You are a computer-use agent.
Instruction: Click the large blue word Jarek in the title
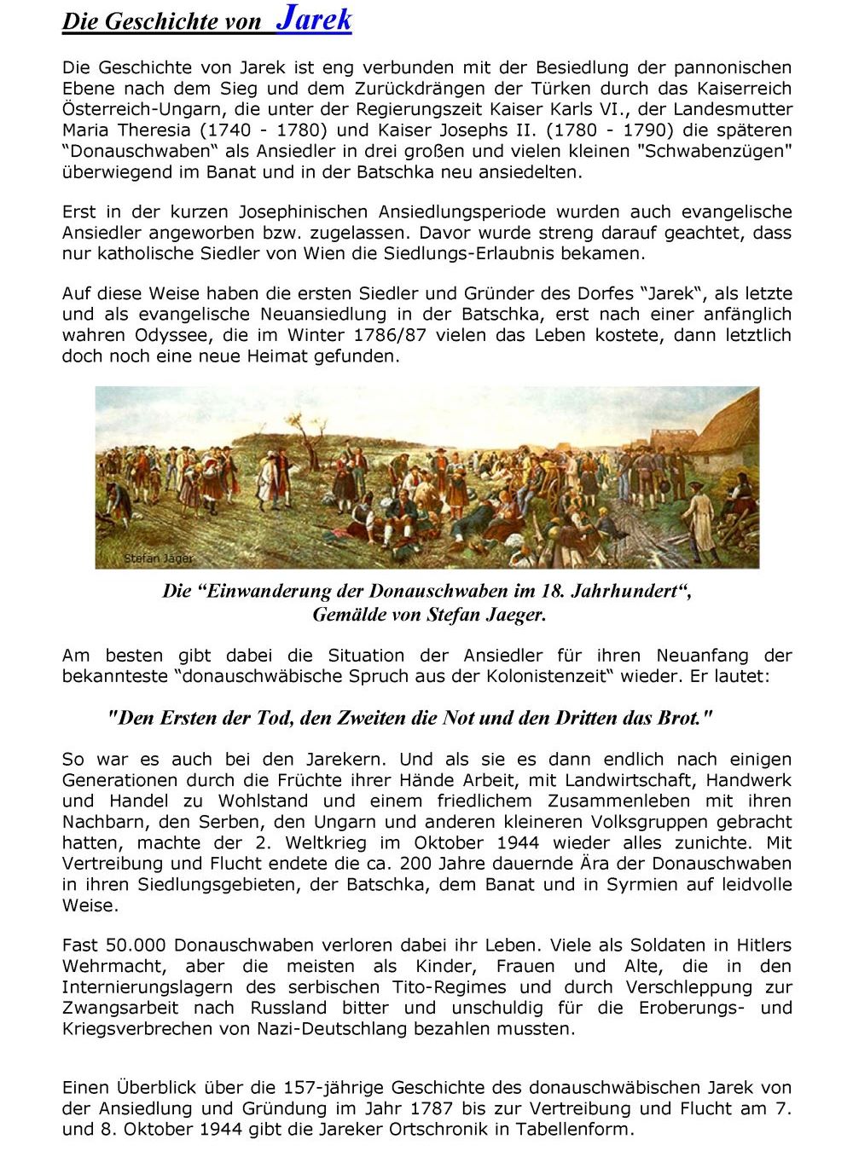(313, 19)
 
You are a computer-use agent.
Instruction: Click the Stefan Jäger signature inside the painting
(159, 558)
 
